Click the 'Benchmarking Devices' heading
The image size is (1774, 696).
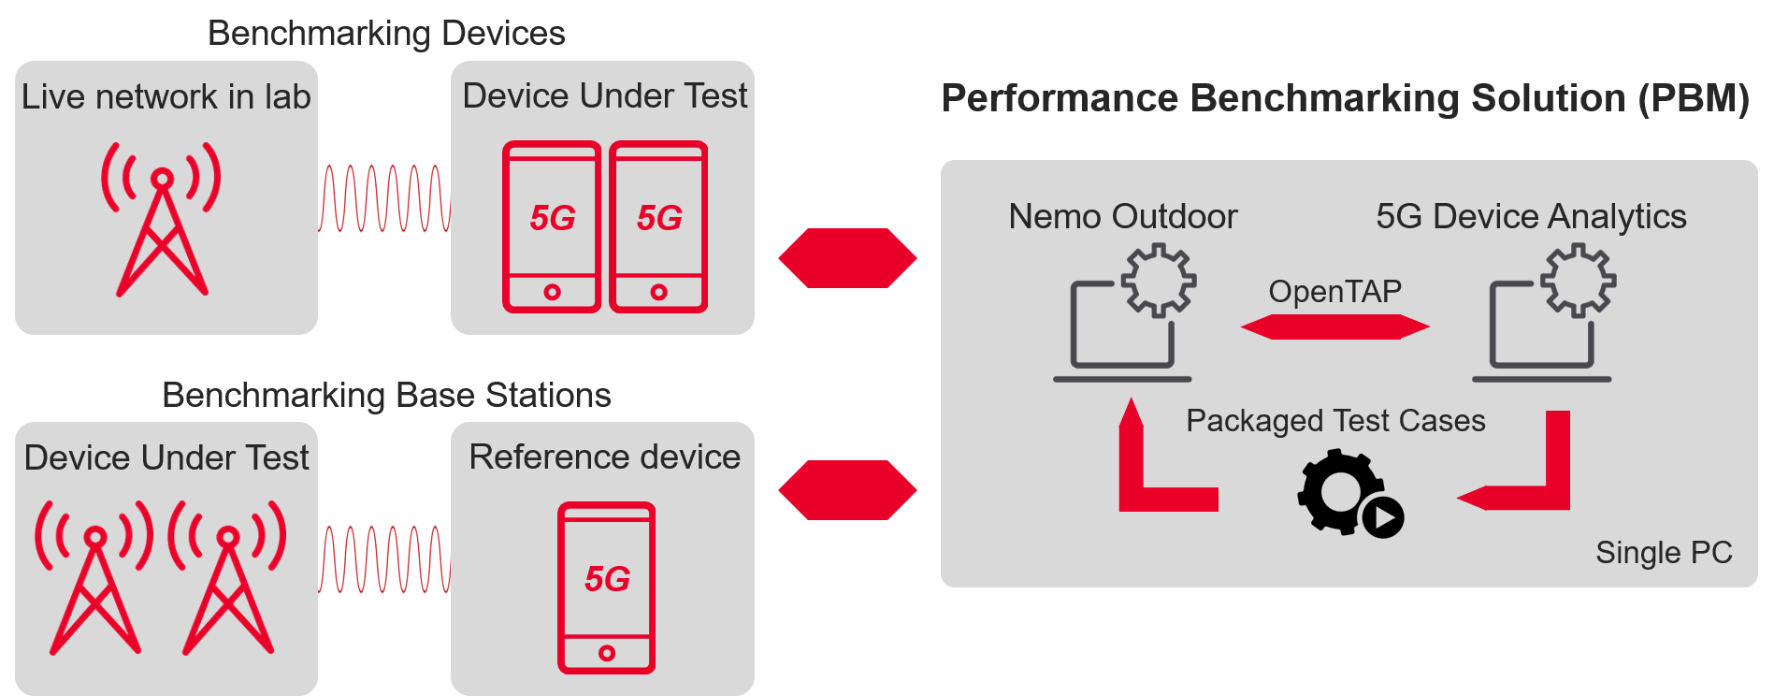click(386, 34)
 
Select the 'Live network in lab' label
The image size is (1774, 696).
click(166, 96)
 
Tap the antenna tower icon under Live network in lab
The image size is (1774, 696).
click(162, 220)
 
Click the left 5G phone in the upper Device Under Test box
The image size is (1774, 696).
click(552, 226)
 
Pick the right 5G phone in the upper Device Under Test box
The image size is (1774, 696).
click(658, 226)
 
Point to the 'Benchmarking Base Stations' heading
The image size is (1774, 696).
click(386, 396)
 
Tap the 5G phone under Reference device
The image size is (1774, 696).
click(606, 587)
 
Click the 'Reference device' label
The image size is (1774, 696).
click(604, 457)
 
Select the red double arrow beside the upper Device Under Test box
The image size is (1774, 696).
click(847, 258)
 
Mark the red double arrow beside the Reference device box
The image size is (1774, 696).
click(847, 490)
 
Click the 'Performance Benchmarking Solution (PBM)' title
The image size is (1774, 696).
click(1345, 98)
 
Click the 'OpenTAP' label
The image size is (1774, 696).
click(1334, 292)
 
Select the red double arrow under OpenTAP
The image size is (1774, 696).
click(1334, 327)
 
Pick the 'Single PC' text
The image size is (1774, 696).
click(1664, 553)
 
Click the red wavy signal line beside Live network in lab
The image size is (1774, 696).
click(384, 198)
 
